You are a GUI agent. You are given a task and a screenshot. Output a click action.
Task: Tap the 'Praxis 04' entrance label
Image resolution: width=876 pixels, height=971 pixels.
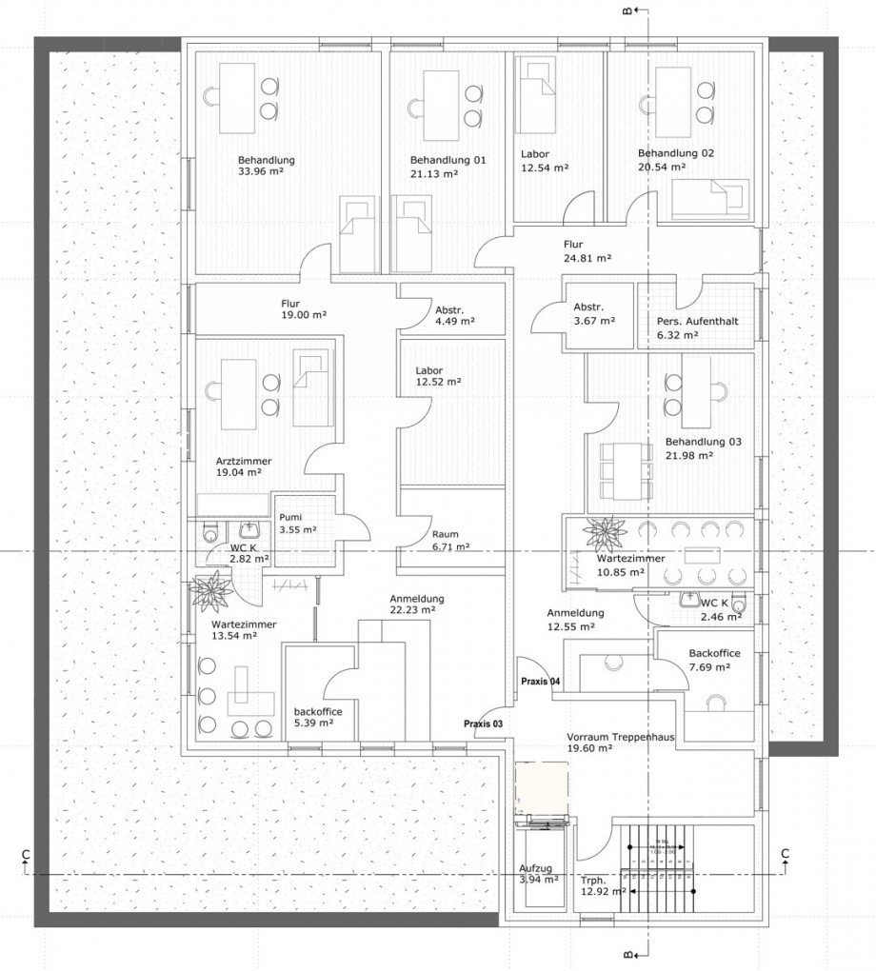[x=540, y=683]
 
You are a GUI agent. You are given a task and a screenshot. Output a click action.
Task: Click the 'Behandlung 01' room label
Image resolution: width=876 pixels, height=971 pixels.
[x=448, y=160]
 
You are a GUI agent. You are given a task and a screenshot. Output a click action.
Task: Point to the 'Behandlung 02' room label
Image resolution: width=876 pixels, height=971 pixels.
[x=675, y=153]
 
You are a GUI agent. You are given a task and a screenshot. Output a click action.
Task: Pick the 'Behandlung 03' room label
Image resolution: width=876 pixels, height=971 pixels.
[x=703, y=442]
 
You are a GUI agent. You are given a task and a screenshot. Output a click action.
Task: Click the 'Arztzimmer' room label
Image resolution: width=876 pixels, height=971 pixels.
[x=244, y=461]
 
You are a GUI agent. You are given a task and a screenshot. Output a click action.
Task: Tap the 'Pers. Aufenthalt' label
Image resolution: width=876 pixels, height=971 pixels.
[x=697, y=322]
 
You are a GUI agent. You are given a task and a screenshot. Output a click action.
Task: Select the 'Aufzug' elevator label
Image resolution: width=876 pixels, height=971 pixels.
[x=534, y=868]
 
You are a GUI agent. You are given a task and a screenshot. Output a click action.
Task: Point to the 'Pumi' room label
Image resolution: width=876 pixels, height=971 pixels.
[x=289, y=517]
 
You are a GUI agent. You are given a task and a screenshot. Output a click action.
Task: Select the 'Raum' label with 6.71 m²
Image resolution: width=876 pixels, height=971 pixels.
[x=445, y=534]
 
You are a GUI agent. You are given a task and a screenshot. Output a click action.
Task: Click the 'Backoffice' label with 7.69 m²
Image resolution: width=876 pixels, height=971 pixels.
[x=714, y=654]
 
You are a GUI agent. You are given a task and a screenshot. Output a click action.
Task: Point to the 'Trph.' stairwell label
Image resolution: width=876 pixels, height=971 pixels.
[x=593, y=880]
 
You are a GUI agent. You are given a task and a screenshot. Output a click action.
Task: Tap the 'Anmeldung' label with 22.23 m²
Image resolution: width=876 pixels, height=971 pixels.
[x=416, y=599]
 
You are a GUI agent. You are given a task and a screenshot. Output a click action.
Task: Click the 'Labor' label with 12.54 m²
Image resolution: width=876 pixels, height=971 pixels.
[x=535, y=154]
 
